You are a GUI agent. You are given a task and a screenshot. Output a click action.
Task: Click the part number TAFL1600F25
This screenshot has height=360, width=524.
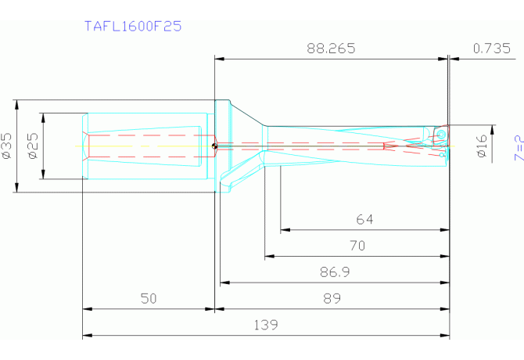133,26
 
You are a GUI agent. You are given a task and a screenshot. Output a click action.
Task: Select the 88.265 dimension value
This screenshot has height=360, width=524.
331,48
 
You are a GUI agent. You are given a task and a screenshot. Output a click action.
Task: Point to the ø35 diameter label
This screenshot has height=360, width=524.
7,146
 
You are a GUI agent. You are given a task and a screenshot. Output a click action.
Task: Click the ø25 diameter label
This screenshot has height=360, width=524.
33,146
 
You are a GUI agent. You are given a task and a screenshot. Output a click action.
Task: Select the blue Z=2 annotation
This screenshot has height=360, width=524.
517,147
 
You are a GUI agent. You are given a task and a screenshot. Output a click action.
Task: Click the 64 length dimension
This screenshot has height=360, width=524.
364,220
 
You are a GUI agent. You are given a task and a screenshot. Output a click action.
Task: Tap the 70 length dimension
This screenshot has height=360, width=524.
357,245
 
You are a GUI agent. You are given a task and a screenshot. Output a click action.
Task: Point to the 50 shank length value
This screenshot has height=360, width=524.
149,298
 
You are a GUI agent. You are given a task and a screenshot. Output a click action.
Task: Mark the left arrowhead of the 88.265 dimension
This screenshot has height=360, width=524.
219,58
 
